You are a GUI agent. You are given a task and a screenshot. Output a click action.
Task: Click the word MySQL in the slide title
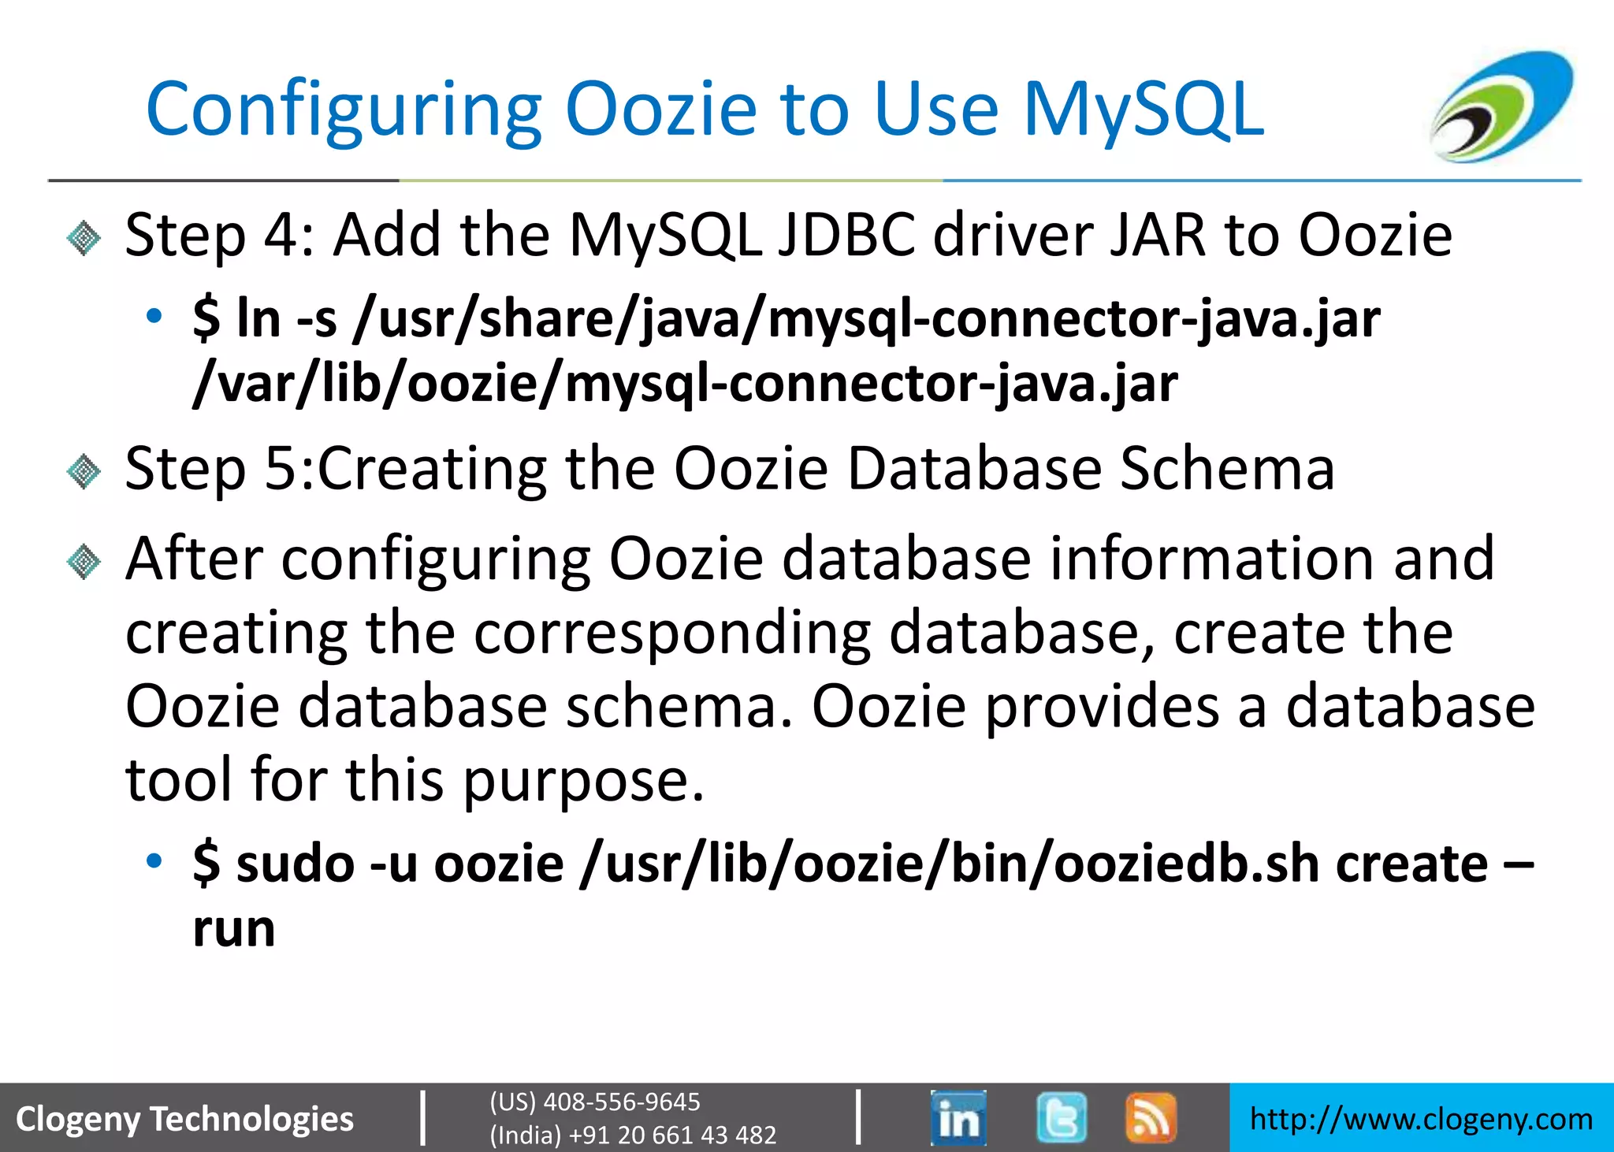1143,110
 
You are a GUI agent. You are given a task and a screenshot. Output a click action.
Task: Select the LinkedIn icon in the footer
958,1117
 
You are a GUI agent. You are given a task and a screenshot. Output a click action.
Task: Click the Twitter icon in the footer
1061,1117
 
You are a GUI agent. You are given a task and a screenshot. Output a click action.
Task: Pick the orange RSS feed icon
1151,1117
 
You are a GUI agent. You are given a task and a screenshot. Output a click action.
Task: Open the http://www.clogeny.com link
1421,1119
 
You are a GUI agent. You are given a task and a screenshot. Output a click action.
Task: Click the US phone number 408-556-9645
621,1102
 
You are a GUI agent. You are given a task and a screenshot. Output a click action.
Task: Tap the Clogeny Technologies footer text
185,1119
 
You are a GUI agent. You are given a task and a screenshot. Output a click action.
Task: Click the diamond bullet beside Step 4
84,238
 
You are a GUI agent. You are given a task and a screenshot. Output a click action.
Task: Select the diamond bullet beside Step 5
84,471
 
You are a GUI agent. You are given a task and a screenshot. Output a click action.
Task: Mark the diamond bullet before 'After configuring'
84,562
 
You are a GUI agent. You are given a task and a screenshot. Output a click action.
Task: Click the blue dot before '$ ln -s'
154,317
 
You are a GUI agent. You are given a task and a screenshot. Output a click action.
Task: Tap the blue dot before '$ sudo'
154,860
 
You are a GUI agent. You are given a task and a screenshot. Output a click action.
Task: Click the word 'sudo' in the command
296,863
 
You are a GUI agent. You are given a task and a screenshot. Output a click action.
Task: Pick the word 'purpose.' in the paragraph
582,780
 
